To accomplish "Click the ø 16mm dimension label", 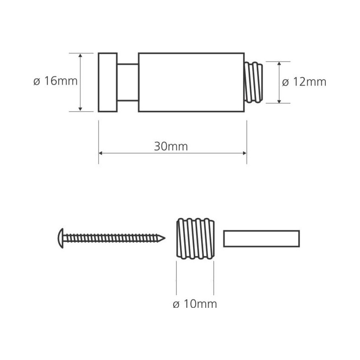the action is click(55, 81).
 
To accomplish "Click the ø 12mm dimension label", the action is click(304, 82).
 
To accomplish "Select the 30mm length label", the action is click(171, 146).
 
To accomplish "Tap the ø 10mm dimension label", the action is click(195, 304).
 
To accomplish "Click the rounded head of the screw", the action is click(61, 238).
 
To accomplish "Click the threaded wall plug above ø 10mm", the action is click(195, 238).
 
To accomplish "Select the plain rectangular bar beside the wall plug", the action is click(261, 238).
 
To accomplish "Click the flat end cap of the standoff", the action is click(108, 82).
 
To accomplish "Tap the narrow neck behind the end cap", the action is click(128, 82).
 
